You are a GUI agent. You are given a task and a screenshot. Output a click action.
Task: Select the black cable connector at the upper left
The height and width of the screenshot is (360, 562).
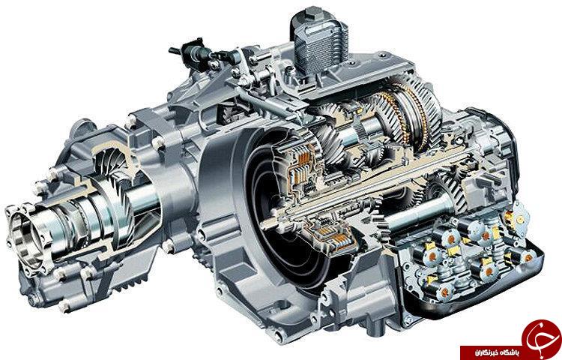(x=193, y=52)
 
